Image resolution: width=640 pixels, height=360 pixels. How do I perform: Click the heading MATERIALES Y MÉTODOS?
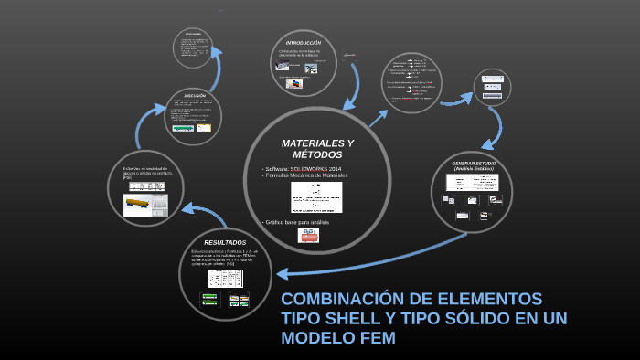pos(316,149)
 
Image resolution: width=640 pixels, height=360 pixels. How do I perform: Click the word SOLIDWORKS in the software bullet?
pos(308,169)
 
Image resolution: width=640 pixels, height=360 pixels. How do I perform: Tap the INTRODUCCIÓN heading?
pos(304,44)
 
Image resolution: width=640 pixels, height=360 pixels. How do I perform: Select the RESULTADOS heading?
pos(225,242)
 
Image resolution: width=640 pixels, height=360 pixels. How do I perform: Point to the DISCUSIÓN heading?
pos(194,96)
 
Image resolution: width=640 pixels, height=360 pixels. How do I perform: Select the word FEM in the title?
pos(375,338)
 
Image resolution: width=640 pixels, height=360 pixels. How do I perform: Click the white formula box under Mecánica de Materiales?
pos(316,196)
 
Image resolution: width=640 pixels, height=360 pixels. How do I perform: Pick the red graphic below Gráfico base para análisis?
pos(309,236)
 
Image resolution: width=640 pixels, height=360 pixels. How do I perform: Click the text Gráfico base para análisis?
pos(298,222)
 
